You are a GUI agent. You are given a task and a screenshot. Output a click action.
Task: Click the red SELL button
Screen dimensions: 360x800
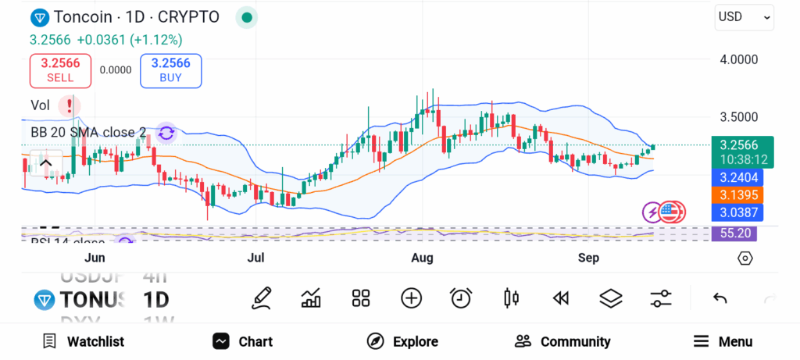click(60, 70)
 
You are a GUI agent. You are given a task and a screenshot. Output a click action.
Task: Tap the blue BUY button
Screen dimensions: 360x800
click(170, 70)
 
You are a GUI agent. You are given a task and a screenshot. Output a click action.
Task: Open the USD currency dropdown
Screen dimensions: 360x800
click(744, 17)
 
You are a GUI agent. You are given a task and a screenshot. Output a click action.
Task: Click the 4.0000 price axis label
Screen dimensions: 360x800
click(737, 59)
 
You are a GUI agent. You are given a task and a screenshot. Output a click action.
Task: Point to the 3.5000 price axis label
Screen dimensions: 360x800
click(737, 117)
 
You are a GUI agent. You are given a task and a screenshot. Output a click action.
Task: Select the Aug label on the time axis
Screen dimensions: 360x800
click(422, 258)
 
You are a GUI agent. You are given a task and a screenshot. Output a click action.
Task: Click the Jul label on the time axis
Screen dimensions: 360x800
click(255, 258)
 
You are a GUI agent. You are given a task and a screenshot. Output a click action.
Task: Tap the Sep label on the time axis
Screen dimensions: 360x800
click(588, 258)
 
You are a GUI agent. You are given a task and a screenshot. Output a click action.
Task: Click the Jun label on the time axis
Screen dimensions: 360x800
click(95, 258)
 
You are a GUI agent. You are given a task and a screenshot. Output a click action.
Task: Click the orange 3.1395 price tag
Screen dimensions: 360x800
click(737, 194)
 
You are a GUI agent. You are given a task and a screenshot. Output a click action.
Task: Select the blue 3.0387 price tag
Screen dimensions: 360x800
click(737, 212)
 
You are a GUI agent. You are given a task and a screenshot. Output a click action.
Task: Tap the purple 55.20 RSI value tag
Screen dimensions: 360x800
click(734, 233)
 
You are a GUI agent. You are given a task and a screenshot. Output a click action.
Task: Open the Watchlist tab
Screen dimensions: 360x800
click(84, 341)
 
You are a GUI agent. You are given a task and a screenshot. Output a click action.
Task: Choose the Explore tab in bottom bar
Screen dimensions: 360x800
click(402, 341)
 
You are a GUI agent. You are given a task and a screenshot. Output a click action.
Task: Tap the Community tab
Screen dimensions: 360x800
click(562, 341)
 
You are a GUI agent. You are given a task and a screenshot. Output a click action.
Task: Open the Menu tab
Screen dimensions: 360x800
click(723, 341)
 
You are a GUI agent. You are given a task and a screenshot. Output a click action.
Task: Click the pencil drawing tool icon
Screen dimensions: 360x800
click(262, 298)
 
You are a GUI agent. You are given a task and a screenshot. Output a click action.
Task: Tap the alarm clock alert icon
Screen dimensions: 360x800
click(461, 298)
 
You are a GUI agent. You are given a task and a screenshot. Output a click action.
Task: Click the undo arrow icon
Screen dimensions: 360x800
click(720, 298)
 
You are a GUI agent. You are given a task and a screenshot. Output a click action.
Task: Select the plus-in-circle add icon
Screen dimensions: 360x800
click(411, 298)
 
